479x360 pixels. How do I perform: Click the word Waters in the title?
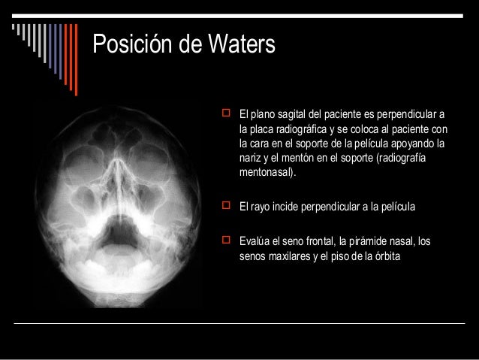237,44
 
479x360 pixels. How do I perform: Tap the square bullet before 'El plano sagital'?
222,115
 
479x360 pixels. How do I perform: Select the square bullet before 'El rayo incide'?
222,205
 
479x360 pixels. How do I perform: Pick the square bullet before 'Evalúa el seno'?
222,240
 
